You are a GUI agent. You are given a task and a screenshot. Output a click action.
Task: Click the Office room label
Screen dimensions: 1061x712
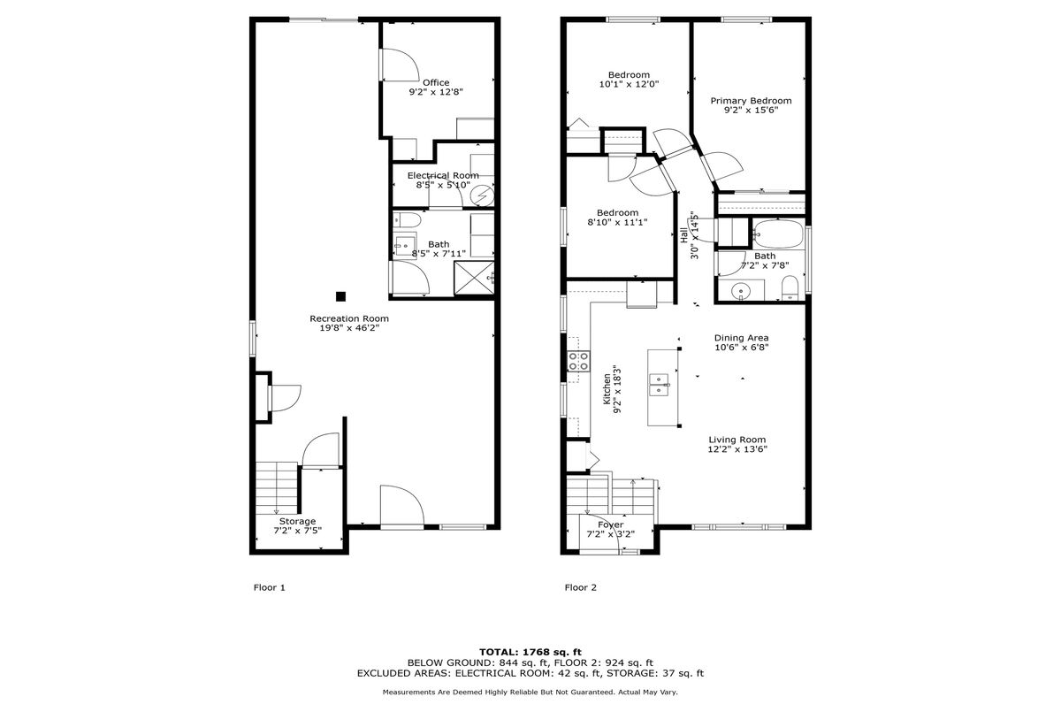point(436,83)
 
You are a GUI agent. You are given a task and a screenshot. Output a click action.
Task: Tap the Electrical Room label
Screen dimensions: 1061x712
point(443,176)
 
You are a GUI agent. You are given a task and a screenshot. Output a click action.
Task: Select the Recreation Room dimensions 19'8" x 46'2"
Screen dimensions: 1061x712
point(349,328)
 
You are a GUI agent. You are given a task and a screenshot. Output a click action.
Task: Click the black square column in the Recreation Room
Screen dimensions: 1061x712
point(340,296)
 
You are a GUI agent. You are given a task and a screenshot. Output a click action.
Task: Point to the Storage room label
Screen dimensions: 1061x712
point(297,521)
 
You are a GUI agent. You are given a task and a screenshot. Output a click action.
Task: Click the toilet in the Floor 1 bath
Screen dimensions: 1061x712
point(408,220)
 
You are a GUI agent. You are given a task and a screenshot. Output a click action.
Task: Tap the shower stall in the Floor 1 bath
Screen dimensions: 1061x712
point(474,278)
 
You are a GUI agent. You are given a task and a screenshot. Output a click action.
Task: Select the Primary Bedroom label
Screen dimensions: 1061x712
point(751,101)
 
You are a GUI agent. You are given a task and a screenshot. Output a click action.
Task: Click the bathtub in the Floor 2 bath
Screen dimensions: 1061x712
point(779,234)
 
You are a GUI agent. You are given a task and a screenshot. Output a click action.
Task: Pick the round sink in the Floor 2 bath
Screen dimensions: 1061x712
point(740,290)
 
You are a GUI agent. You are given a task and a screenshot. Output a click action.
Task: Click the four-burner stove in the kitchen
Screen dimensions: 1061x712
point(579,362)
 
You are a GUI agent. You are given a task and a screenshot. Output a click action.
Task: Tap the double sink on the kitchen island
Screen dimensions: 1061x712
point(659,384)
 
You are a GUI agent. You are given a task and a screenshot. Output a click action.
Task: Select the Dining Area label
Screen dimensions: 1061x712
point(741,338)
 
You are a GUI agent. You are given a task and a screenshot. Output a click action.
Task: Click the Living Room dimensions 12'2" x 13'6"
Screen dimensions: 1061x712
point(737,449)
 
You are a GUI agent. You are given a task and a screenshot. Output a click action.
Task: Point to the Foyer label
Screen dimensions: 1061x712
point(611,524)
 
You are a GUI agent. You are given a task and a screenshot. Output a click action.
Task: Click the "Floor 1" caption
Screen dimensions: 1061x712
point(270,587)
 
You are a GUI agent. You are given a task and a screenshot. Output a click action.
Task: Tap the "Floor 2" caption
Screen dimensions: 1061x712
point(581,587)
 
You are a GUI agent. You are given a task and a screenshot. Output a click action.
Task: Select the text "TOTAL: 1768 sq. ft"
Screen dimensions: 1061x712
point(530,653)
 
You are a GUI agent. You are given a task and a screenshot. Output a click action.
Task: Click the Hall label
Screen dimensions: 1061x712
point(684,235)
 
